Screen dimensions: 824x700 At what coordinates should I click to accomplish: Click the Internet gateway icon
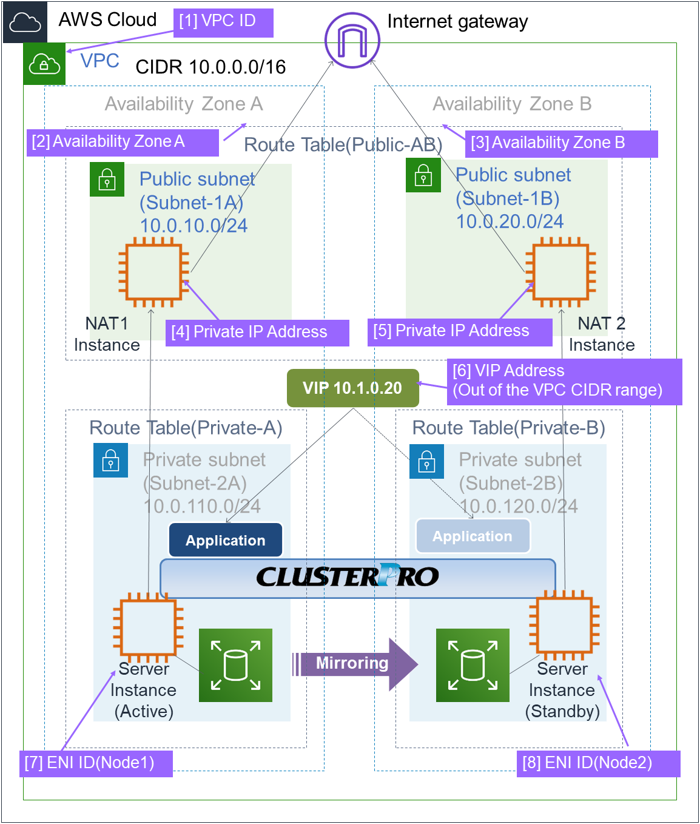[x=352, y=40]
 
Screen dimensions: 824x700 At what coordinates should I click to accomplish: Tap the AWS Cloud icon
[x=25, y=22]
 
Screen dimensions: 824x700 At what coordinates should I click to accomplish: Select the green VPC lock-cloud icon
[x=44, y=64]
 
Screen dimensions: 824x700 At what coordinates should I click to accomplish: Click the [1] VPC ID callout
[x=223, y=22]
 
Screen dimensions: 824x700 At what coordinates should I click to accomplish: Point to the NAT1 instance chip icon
[x=153, y=271]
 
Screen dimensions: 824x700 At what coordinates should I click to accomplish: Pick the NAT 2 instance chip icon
[x=561, y=271]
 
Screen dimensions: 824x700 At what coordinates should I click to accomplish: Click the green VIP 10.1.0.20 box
[x=352, y=388]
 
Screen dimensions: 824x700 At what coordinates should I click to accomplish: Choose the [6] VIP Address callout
[x=564, y=381]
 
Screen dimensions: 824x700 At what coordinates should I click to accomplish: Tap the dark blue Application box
[x=226, y=540]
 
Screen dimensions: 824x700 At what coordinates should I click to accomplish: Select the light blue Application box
[x=473, y=536]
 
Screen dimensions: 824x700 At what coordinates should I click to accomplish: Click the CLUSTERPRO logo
[x=348, y=576]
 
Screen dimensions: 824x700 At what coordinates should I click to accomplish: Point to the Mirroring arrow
[x=355, y=664]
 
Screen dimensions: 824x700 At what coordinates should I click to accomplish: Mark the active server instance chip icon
[x=148, y=627]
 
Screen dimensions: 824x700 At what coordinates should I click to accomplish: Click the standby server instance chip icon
[x=564, y=626]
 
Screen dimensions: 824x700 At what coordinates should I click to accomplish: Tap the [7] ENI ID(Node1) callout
[x=96, y=763]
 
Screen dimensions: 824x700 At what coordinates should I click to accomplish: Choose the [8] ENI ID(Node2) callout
[x=597, y=763]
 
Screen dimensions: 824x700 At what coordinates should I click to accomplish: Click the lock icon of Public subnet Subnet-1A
[x=107, y=180]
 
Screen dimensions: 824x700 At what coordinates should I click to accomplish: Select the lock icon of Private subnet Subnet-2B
[x=426, y=462]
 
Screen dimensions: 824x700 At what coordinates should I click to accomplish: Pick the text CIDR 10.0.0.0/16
[x=210, y=67]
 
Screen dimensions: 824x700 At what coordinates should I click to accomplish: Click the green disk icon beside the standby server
[x=473, y=665]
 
